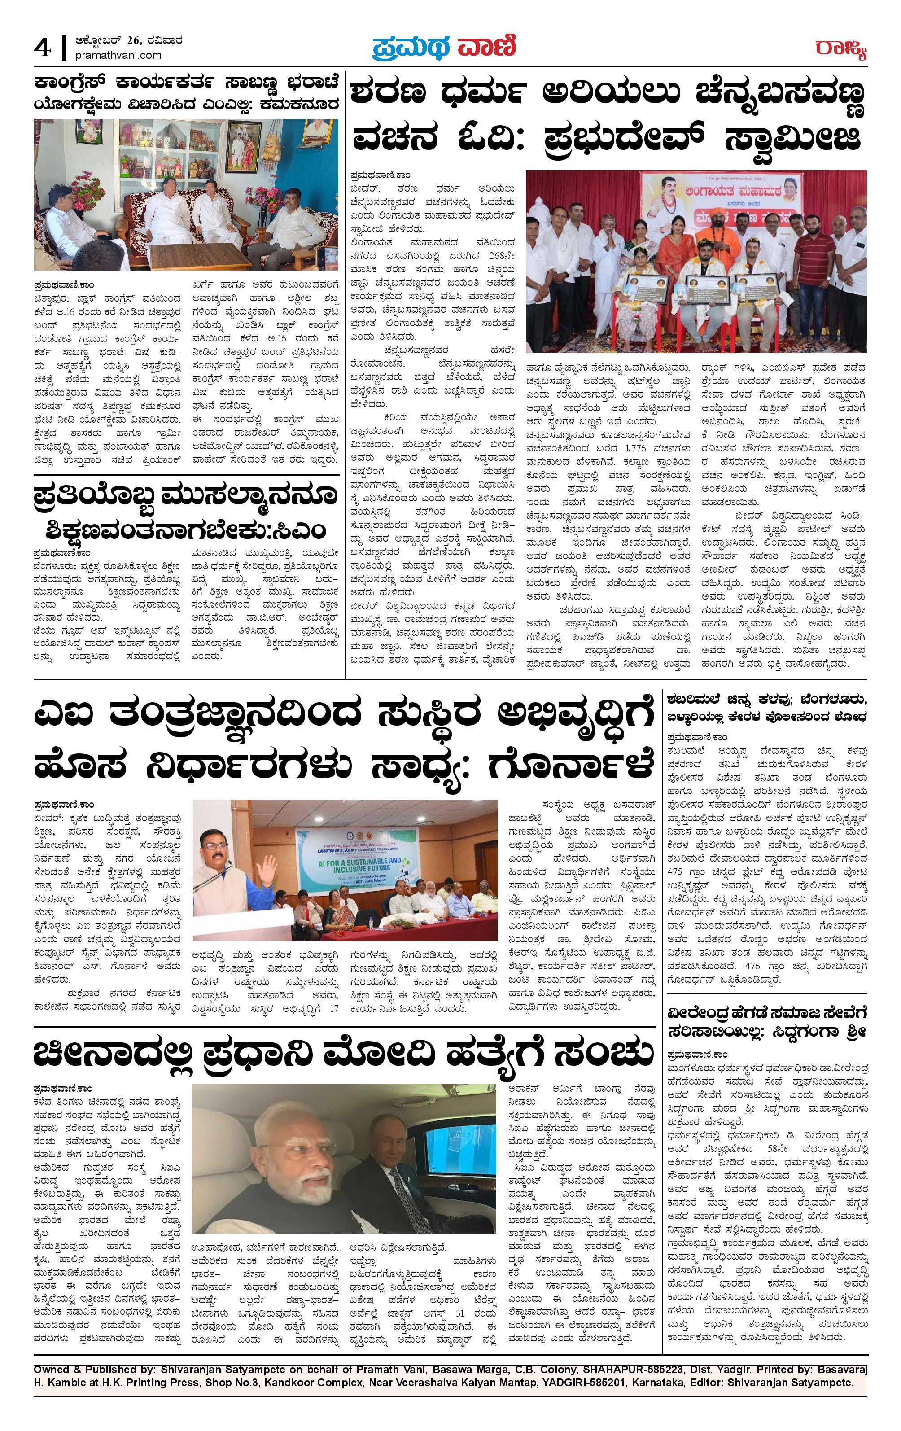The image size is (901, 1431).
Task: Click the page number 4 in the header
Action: coord(43,48)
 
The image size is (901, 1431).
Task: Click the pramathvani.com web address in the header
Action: coord(119,55)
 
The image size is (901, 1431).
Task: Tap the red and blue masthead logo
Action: coord(444,48)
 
